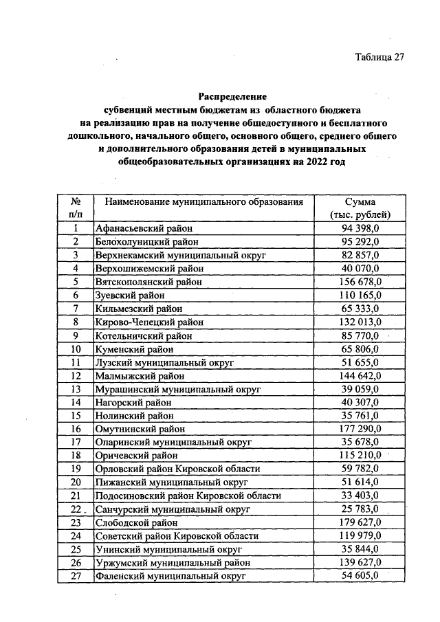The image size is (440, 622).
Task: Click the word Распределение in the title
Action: (x=232, y=96)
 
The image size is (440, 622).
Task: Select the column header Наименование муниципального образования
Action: (x=203, y=202)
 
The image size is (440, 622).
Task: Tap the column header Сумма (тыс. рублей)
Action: (x=360, y=208)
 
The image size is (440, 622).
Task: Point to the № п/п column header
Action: (x=76, y=208)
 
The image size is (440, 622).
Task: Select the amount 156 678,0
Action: (x=360, y=282)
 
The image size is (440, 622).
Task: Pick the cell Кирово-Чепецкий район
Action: (x=149, y=322)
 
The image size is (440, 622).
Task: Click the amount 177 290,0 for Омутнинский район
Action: (x=360, y=429)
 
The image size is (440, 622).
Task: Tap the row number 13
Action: (x=76, y=389)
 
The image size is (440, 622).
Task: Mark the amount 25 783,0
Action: (x=360, y=509)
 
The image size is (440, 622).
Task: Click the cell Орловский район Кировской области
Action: (x=177, y=469)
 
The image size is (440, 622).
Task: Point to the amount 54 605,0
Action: (x=360, y=575)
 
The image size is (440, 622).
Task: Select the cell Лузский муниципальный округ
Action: (x=165, y=362)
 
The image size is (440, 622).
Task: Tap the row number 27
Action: (x=76, y=576)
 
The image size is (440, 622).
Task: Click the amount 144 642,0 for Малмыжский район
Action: (x=360, y=375)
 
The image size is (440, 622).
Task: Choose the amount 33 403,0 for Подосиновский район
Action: (x=360, y=496)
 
